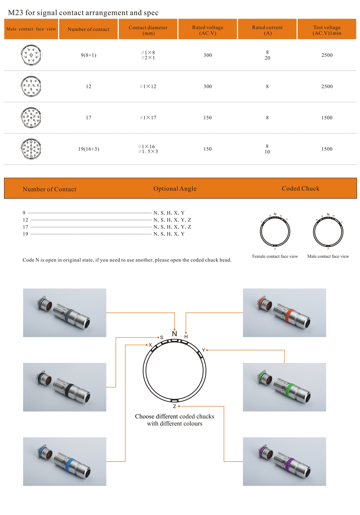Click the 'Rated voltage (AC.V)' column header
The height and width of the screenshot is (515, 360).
pyautogui.click(x=208, y=30)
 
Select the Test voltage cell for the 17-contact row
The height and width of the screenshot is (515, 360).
pyautogui.click(x=327, y=118)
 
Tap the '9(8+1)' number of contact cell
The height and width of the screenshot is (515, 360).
pyautogui.click(x=88, y=55)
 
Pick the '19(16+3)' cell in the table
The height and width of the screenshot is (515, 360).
pyautogui.click(x=88, y=149)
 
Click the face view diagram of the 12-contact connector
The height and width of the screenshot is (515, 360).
pyautogui.click(x=31, y=86)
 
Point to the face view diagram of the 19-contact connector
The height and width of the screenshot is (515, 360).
pyautogui.click(x=31, y=149)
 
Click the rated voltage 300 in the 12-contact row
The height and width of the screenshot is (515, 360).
pyautogui.click(x=208, y=86)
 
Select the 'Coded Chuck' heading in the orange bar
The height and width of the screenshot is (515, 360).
pyautogui.click(x=300, y=188)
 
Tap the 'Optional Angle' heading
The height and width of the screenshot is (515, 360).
pyautogui.click(x=175, y=188)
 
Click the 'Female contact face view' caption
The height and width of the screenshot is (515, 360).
pyautogui.click(x=275, y=257)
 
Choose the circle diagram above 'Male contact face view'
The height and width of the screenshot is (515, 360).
pyautogui.click(x=328, y=231)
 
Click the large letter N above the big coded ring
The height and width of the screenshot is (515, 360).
pyautogui.click(x=174, y=333)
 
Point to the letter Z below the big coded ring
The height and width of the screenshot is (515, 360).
pyautogui.click(x=174, y=407)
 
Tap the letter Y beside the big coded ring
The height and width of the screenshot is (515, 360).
pyautogui.click(x=204, y=350)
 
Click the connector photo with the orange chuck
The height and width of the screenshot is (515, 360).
pyautogui.click(x=284, y=313)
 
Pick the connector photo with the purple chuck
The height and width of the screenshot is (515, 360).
pyautogui.click(x=284, y=462)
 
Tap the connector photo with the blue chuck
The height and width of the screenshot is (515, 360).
pyautogui.click(x=64, y=462)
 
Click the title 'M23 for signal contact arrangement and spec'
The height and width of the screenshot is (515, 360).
pyautogui.click(x=81, y=13)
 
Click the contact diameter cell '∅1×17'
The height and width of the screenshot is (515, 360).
pyautogui.click(x=148, y=118)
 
